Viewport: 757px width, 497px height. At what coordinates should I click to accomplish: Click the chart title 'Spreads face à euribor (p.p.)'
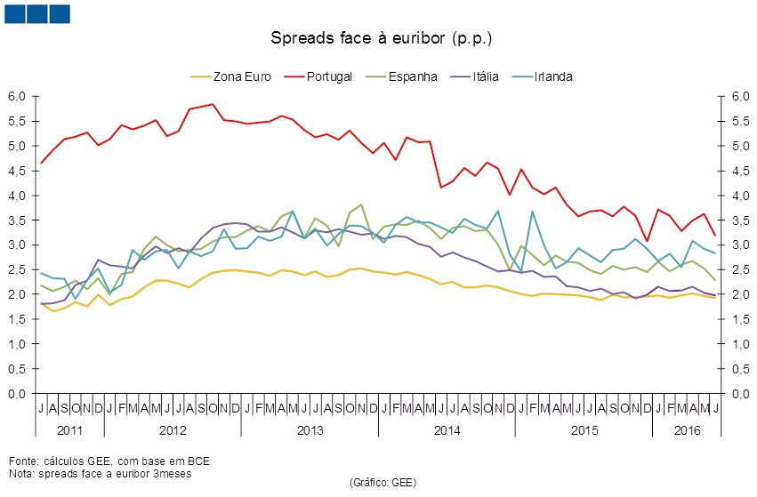coord(381,39)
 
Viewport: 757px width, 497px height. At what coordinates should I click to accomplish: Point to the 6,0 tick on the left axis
coord(18,96)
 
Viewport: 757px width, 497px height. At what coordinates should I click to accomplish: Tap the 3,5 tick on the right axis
coord(738,220)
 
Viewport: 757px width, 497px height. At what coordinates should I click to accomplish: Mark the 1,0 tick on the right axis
coord(738,344)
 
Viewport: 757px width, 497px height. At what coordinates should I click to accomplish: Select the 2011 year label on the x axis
coord(69,430)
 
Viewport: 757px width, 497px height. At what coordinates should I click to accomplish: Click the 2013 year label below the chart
coord(309,430)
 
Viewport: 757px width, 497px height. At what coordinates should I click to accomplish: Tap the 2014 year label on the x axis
coord(446,430)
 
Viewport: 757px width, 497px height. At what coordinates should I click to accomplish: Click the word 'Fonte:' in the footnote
coord(23,461)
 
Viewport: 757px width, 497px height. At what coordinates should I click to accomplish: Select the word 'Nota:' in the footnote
coord(21,473)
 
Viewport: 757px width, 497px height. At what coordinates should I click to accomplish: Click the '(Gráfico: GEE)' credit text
coord(383,483)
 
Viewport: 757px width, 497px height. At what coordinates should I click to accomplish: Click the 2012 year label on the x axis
coord(172,430)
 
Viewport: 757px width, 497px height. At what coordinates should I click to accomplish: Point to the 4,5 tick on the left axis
coord(18,171)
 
